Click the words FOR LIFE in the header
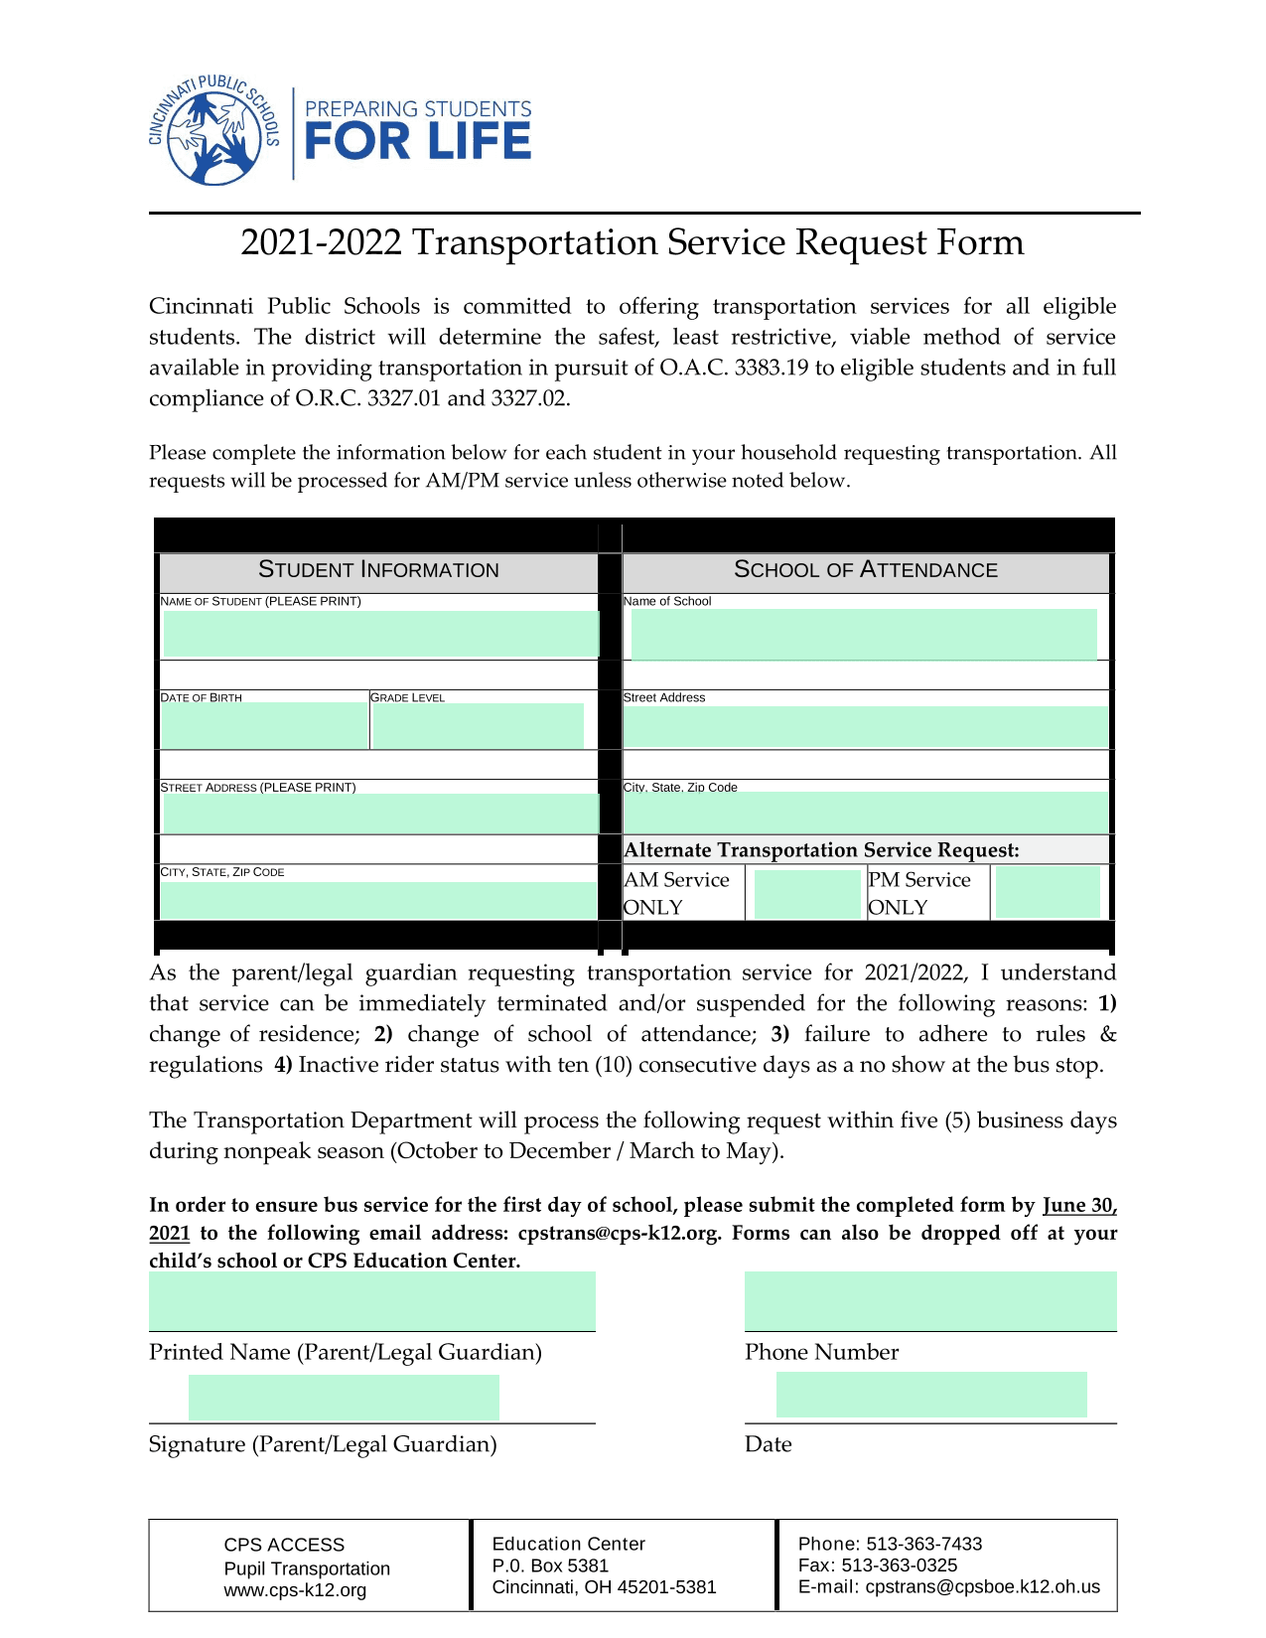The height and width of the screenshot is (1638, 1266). pyautogui.click(x=417, y=142)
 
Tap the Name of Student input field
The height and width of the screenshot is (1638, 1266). pyautogui.click(x=380, y=634)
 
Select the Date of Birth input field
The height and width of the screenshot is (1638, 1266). pyautogui.click(x=264, y=726)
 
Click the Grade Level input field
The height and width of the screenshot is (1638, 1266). pyautogui.click(x=478, y=726)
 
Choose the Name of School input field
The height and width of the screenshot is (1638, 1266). pyautogui.click(x=864, y=634)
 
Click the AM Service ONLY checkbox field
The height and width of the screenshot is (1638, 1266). pyautogui.click(x=806, y=894)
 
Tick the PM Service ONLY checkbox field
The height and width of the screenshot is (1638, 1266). pyautogui.click(x=1048, y=892)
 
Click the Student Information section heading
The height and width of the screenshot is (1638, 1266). pyautogui.click(x=378, y=570)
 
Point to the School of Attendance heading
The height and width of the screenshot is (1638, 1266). pyautogui.click(x=865, y=570)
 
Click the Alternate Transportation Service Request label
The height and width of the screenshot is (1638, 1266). pyautogui.click(x=821, y=850)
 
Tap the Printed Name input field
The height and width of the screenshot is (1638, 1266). pyautogui.click(x=372, y=1301)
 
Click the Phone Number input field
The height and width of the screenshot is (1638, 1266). pyautogui.click(x=930, y=1301)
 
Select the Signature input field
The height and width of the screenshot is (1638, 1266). pyautogui.click(x=344, y=1398)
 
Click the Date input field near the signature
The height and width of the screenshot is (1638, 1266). pyautogui.click(x=931, y=1395)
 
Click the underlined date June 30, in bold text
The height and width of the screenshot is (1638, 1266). pyautogui.click(x=1079, y=1206)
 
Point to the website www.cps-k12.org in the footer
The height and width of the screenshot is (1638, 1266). pyautogui.click(x=295, y=1590)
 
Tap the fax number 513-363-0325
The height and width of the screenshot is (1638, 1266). pyautogui.click(x=899, y=1565)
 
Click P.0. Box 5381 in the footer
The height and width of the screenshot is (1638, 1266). pyautogui.click(x=550, y=1565)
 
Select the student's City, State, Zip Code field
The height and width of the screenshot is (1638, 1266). pyautogui.click(x=378, y=900)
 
